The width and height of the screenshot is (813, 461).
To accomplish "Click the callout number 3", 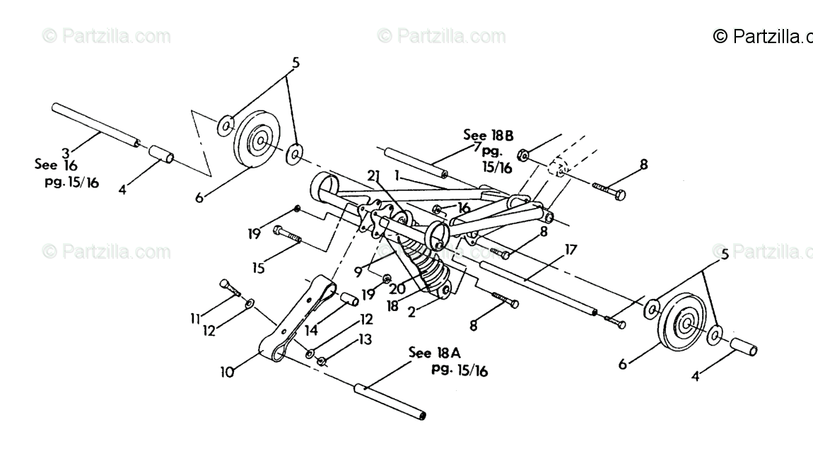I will [65, 151].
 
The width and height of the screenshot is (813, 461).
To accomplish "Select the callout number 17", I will [571, 249].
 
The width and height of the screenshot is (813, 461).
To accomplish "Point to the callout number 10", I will [227, 370].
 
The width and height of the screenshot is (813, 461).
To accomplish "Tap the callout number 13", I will [365, 340].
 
